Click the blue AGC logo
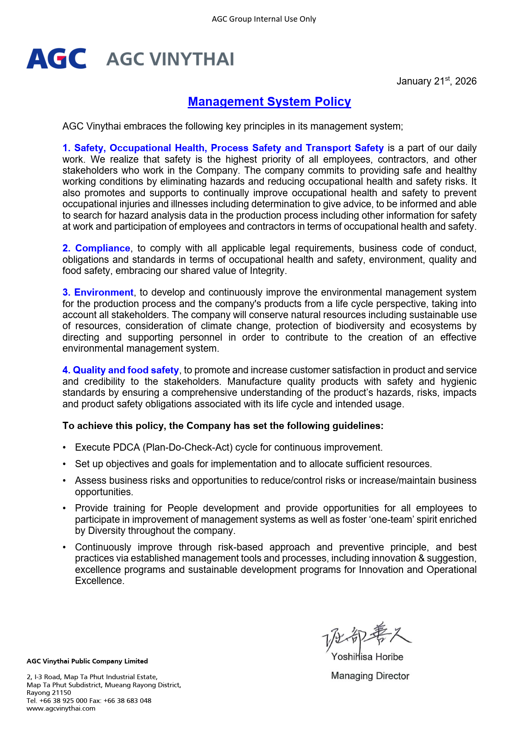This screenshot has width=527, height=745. point(56,59)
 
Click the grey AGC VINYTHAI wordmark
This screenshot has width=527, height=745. point(170,59)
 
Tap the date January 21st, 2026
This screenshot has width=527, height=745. point(436,81)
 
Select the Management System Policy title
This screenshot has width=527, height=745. point(269,102)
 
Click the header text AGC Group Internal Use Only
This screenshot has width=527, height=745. point(264,19)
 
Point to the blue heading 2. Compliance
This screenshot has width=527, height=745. point(96,248)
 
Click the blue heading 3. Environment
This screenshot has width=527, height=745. point(98,293)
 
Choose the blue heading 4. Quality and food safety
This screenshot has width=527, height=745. point(121,370)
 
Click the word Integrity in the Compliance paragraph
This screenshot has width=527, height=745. point(267,271)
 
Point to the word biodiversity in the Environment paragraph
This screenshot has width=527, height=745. point(360,326)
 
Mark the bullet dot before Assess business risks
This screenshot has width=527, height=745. point(65,481)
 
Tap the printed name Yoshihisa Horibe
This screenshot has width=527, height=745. point(367,657)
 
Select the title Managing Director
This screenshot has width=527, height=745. point(370,676)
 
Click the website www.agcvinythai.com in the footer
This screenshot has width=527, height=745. point(61,708)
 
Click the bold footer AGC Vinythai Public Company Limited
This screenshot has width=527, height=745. point(87,661)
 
